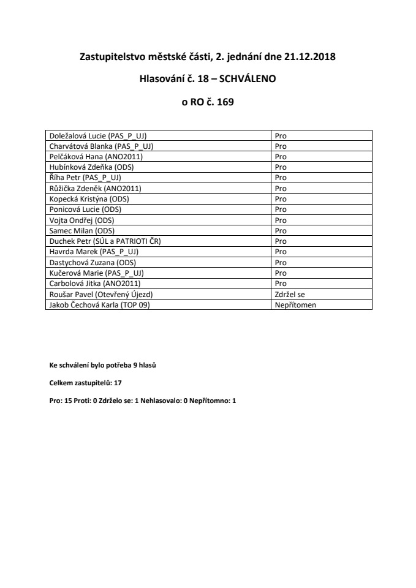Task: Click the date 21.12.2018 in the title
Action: pyautogui.click(x=310, y=57)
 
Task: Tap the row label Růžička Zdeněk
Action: pyautogui.click(x=95, y=188)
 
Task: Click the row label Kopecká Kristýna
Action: pyautogui.click(x=89, y=199)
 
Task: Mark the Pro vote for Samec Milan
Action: pyautogui.click(x=281, y=231)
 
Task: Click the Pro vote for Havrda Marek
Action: pyautogui.click(x=281, y=252)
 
